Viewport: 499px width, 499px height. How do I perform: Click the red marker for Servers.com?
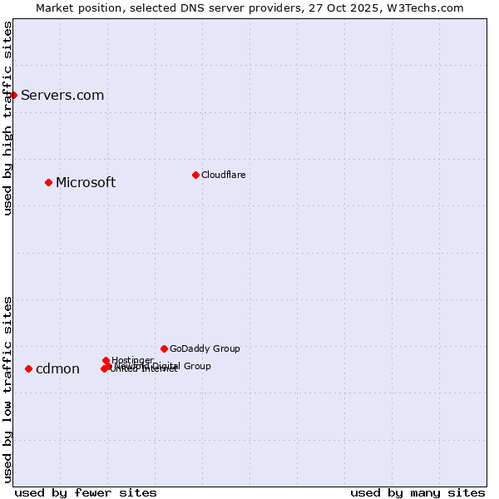13,95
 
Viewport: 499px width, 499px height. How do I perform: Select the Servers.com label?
62,95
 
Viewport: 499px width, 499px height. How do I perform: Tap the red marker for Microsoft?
48,182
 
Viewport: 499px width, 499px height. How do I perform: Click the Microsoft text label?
86,182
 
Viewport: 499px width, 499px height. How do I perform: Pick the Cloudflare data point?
195,175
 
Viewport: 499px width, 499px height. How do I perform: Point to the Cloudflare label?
223,175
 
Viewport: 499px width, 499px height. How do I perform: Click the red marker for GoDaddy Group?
164,348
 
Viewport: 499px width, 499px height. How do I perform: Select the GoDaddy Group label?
205,348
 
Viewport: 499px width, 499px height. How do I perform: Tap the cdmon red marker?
28,368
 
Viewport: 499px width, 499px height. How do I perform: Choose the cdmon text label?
57,369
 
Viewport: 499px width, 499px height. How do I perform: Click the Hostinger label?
132,360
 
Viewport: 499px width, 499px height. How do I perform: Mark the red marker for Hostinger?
106,360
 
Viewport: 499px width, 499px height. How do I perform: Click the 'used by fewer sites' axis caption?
86,492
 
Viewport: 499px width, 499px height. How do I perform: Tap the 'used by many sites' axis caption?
417,492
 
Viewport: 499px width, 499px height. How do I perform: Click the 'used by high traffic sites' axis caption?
7,118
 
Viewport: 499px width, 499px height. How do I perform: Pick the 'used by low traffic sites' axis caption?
7,388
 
